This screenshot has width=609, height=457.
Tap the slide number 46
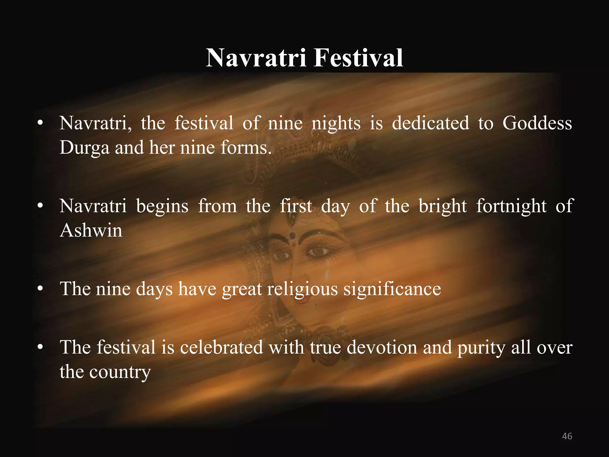[x=567, y=436]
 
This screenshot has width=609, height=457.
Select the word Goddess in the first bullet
[x=537, y=123]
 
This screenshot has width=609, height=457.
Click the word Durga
[x=84, y=148]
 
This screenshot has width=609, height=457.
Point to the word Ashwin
[x=91, y=230]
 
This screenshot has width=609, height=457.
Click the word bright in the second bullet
[x=442, y=206]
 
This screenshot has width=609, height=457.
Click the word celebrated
[x=222, y=347]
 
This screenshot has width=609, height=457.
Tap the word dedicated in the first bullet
[x=430, y=123]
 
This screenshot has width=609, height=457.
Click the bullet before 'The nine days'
[x=40, y=289]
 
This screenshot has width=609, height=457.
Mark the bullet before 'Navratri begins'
[x=40, y=206]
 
